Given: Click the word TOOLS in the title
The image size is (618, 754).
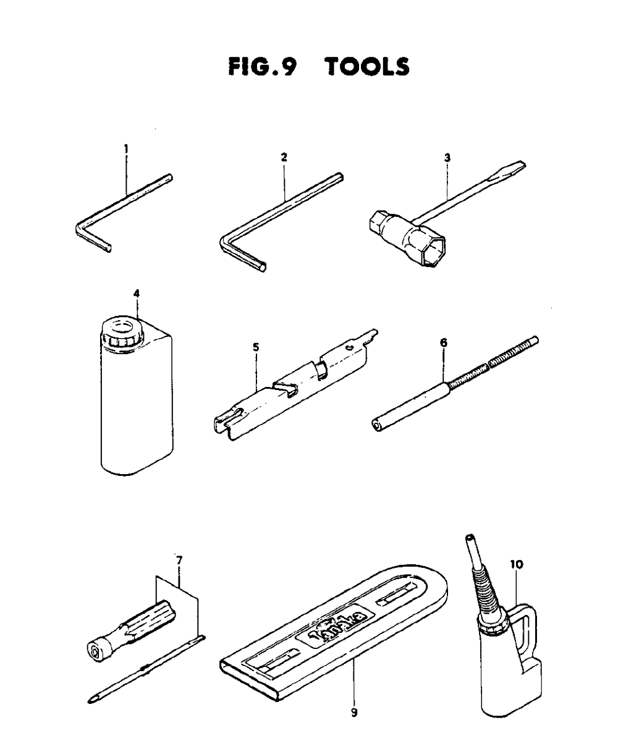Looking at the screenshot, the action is click(x=368, y=67).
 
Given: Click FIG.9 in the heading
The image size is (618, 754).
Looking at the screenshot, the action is click(x=263, y=67).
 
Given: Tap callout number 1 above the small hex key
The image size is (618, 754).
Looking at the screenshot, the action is click(x=126, y=149).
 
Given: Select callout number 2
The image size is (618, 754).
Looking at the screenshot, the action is click(x=284, y=158).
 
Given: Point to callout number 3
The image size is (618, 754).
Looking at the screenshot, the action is click(x=447, y=158).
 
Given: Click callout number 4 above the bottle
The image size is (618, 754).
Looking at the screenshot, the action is click(x=137, y=294).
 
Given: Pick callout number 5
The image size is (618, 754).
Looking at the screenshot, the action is click(x=256, y=347).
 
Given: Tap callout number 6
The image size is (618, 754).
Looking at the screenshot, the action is click(x=443, y=342).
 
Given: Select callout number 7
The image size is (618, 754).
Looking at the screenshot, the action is click(x=179, y=570).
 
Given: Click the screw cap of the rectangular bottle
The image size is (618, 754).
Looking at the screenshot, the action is click(x=122, y=331).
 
